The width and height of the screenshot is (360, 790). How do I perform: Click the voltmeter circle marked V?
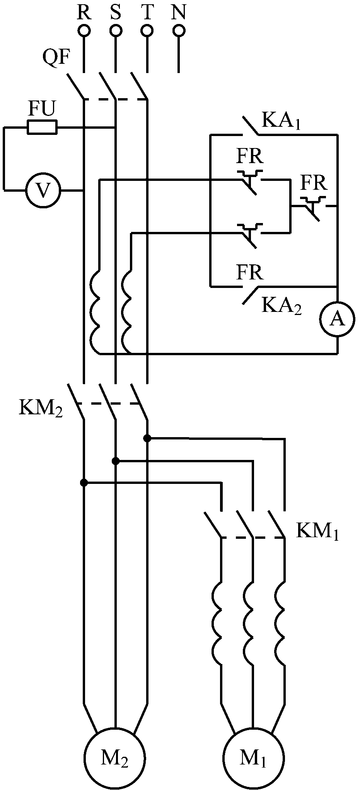pyautogui.click(x=43, y=190)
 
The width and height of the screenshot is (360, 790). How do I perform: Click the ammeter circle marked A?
pyautogui.click(x=338, y=318)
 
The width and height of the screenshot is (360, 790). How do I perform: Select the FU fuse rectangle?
pyautogui.click(x=42, y=127)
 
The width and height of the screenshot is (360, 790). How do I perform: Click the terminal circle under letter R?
pyautogui.click(x=84, y=30)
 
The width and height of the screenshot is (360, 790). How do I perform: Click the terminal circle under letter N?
pyautogui.click(x=178, y=30)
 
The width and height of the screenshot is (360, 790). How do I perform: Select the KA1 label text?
pyautogui.click(x=281, y=121)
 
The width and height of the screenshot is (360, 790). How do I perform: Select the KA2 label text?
pyautogui.click(x=281, y=306)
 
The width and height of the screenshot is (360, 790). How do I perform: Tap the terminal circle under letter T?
pyautogui.click(x=147, y=30)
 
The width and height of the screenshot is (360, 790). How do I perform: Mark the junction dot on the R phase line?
pyautogui.click(x=84, y=482)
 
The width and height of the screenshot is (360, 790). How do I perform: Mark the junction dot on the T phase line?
pyautogui.click(x=147, y=438)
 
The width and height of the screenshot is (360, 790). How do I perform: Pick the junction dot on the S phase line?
pyautogui.click(x=115, y=461)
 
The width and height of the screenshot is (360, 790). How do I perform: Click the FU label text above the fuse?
pyautogui.click(x=42, y=110)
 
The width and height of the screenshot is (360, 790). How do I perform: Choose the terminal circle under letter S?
pyautogui.click(x=115, y=30)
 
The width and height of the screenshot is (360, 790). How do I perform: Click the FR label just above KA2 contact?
pyautogui.click(x=250, y=272)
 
